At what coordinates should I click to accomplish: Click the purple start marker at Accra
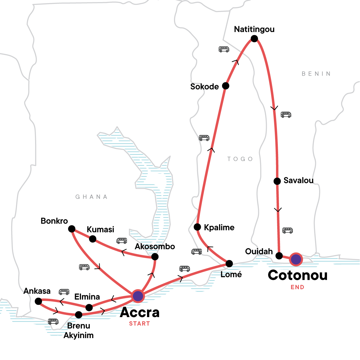138,296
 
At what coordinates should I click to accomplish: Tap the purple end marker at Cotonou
296,259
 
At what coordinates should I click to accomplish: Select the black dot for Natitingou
254,38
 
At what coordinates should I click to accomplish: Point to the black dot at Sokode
226,86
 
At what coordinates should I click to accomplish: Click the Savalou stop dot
277,181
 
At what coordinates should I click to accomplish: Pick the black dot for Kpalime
197,227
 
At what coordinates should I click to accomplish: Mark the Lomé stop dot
229,264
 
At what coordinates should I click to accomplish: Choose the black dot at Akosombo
155,257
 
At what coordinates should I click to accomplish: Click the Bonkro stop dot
72,229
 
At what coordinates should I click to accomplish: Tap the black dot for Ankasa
38,301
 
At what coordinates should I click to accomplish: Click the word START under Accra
139,324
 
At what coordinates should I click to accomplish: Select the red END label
297,287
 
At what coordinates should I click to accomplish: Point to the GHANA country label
91,197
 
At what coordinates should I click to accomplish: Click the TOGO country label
240,159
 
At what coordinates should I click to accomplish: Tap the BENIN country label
316,74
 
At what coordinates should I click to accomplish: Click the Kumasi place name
100,229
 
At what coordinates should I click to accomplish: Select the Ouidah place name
259,251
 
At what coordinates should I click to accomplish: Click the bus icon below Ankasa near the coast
53,322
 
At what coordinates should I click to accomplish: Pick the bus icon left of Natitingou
224,49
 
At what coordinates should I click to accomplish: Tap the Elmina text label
87,297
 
